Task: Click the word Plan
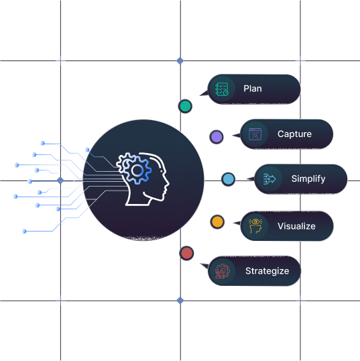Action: tap(253, 89)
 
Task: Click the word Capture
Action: tap(294, 134)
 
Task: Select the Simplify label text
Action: tap(308, 179)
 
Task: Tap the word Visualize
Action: tap(296, 226)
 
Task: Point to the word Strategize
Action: tap(267, 271)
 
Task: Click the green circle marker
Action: tap(185, 107)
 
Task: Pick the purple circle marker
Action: tap(217, 137)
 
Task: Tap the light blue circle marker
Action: tap(228, 179)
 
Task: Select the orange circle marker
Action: tap(217, 222)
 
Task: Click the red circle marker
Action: tap(186, 253)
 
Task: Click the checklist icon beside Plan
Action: tap(222, 89)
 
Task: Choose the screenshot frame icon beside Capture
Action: tap(255, 134)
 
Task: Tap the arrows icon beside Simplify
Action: tap(269, 179)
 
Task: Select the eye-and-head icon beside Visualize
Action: tap(255, 226)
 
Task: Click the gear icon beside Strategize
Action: tap(222, 271)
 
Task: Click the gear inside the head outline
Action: tap(134, 169)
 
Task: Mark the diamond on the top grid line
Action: tap(180, 61)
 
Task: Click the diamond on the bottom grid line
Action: tap(180, 301)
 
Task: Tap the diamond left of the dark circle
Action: tap(60, 180)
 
